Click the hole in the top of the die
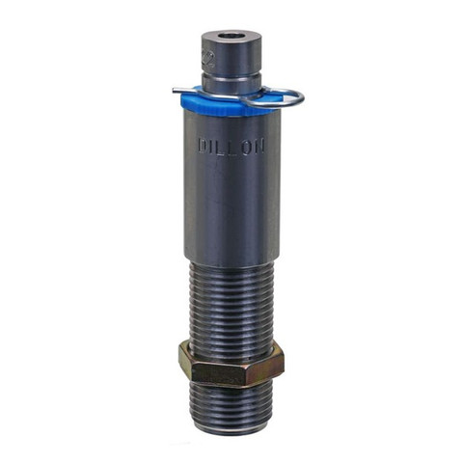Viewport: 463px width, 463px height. [x=231, y=37]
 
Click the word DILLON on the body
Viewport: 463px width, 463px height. [x=231, y=148]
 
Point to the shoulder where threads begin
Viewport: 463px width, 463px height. [x=231, y=263]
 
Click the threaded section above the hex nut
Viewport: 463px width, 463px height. [x=231, y=304]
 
